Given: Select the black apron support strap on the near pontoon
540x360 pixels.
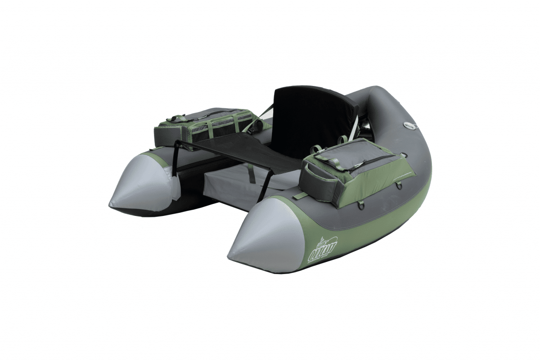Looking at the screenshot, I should click(266, 184).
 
